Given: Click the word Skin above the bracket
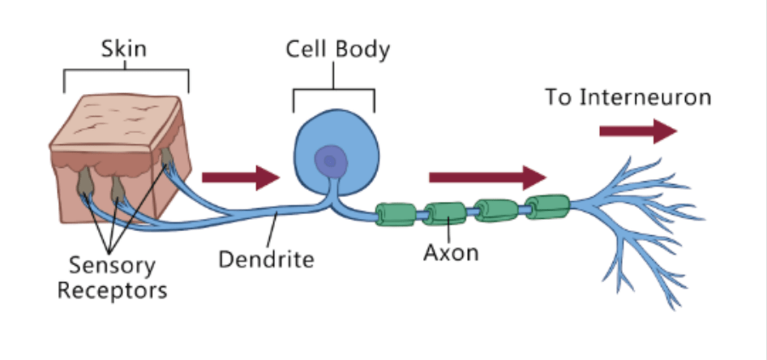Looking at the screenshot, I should coord(124,49).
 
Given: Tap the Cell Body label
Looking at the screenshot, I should coord(337,49).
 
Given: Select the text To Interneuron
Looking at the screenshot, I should coord(628,98).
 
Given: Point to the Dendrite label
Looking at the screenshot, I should coord(266,260).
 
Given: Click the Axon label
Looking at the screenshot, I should coord(451,252).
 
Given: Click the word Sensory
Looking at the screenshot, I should coord(112,264).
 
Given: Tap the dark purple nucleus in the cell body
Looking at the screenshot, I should coord(330,161).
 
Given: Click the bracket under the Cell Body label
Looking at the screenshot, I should coord(334,92).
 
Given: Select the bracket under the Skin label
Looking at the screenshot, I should coord(126,75).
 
